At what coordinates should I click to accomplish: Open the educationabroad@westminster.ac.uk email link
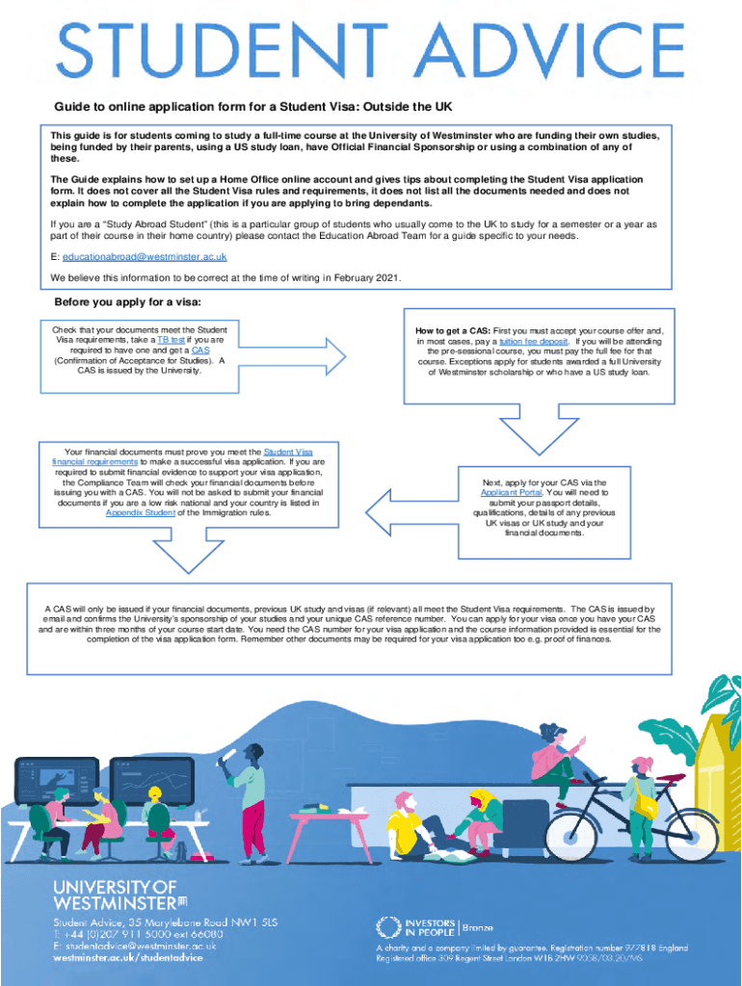[145, 257]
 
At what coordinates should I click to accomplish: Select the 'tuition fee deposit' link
[533, 341]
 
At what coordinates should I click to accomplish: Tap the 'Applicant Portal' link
[511, 493]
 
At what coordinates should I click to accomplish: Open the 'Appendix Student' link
[140, 512]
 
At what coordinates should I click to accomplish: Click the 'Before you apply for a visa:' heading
[128, 302]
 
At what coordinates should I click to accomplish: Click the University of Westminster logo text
[116, 895]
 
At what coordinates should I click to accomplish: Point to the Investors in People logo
[416, 927]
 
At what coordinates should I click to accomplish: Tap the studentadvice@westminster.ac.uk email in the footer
[134, 946]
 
